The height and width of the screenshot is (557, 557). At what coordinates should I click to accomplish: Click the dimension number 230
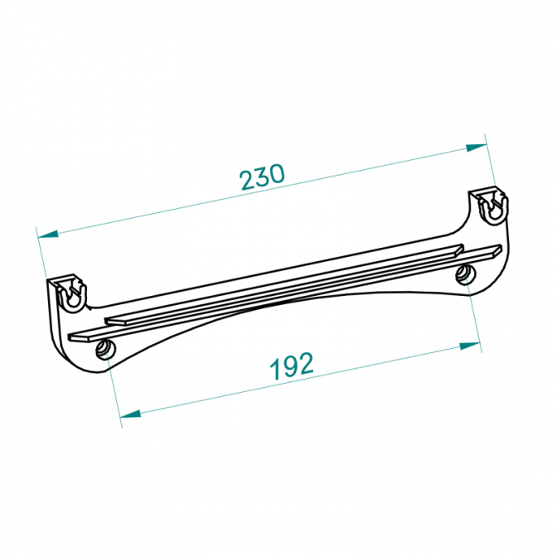coord(262,177)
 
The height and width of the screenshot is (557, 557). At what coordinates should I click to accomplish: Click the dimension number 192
coord(292,366)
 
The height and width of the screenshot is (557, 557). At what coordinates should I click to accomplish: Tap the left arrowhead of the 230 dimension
coord(48,235)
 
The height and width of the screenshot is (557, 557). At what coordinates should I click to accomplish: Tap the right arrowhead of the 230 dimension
coord(476,148)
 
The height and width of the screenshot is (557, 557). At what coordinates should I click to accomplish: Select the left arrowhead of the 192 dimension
coord(130,414)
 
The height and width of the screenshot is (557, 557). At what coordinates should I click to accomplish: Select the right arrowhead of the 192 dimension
coord(470,346)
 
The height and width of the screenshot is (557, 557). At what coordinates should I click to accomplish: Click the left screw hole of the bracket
coord(105,349)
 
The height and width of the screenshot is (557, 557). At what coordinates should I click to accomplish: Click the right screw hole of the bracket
coord(466,274)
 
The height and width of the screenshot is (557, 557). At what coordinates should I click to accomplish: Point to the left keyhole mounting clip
coord(71,293)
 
